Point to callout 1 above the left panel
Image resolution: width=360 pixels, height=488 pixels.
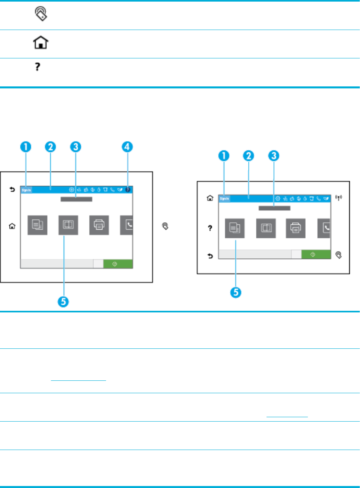(26, 147)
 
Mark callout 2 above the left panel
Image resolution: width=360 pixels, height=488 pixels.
(50, 147)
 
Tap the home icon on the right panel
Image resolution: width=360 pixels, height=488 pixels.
(210, 198)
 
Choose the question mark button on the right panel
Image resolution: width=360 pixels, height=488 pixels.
(210, 228)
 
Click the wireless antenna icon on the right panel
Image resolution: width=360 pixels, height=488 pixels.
(339, 198)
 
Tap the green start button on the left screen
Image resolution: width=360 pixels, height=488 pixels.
(118, 264)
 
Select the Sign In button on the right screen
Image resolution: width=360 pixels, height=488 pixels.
(224, 198)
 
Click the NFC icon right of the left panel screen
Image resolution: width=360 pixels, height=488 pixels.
(165, 226)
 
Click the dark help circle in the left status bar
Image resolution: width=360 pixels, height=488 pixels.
(128, 190)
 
